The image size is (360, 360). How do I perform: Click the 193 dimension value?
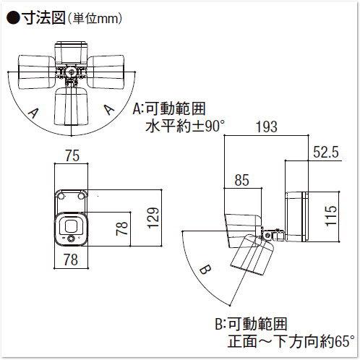click(267, 127)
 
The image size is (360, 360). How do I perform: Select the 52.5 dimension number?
click(326, 153)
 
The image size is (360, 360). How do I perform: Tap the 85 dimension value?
click(242, 180)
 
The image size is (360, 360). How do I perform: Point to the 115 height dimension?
click(330, 215)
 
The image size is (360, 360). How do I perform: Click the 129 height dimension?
click(153, 218)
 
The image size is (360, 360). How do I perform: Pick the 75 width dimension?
click(72, 155)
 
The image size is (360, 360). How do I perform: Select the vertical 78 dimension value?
click(121, 228)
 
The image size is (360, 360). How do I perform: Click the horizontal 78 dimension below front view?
click(71, 260)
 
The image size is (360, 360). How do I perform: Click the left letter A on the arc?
click(33, 113)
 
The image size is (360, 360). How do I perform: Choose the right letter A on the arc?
click(109, 110)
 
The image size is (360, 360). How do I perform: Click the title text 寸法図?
click(43, 18)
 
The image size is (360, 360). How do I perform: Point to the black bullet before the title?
click(13, 18)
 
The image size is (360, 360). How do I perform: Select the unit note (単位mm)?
click(94, 19)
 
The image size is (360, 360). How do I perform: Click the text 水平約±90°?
click(185, 127)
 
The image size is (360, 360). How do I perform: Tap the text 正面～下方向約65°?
click(291, 341)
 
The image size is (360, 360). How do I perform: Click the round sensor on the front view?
click(71, 239)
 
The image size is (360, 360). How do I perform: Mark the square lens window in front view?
click(70, 226)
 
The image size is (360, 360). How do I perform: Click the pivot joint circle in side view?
click(267, 235)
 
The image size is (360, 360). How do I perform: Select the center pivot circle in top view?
click(71, 72)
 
